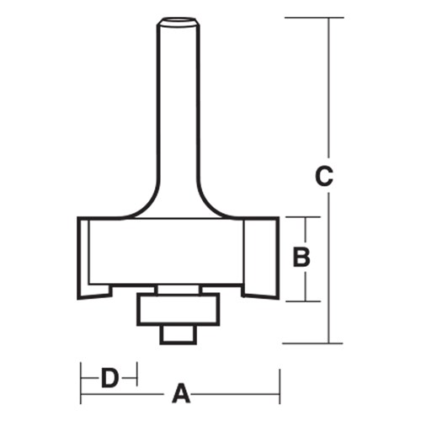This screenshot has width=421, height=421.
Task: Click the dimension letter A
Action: click(179, 392)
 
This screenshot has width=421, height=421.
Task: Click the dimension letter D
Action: click(109, 376)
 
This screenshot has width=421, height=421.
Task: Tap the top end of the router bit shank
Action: click(178, 19)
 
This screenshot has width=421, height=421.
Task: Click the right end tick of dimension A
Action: click(280, 393)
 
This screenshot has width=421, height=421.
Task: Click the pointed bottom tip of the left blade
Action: click(81, 297)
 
